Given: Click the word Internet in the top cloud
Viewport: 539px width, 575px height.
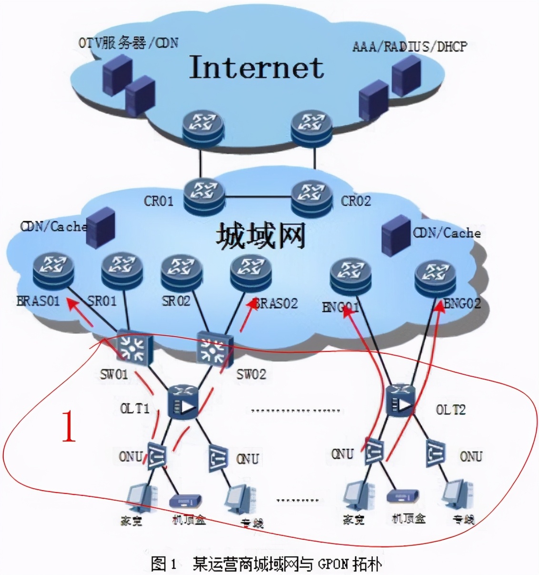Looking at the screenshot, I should click(x=257, y=67).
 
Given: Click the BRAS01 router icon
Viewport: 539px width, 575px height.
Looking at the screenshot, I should click(x=54, y=270).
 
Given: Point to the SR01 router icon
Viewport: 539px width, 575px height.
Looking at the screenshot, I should click(x=122, y=270).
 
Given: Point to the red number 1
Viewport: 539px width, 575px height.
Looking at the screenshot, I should click(x=70, y=426).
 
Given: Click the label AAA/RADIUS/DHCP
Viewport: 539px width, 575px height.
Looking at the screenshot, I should click(x=409, y=46).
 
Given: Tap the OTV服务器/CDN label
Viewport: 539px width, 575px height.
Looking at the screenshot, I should click(x=128, y=43).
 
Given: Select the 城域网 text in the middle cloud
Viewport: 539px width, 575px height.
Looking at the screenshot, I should click(x=260, y=236).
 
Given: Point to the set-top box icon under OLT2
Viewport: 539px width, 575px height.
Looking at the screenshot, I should click(x=403, y=497).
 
